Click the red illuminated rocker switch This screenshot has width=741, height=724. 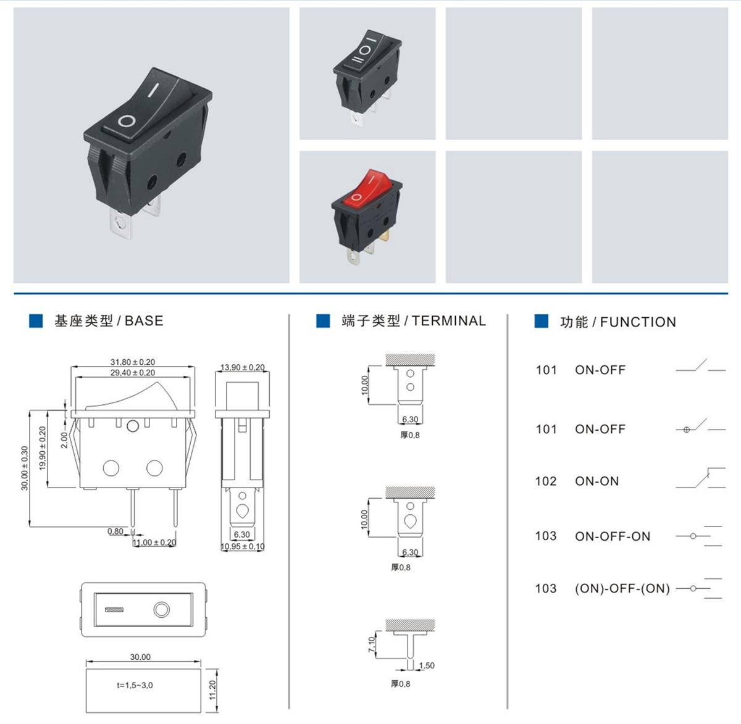pos(367,216)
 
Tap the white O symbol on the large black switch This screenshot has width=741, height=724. pos(127,122)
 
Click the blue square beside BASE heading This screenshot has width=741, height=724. pos(36,321)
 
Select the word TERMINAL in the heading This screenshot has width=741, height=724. pos(449,321)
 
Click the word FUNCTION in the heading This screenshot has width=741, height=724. pos(638,322)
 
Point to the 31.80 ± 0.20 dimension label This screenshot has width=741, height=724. pos(133,362)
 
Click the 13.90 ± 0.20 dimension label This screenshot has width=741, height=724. pos(243,368)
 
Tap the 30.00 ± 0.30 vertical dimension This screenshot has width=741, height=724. pos(25,468)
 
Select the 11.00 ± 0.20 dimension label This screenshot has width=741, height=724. pos(154,543)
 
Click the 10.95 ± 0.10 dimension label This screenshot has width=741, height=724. pos(243,547)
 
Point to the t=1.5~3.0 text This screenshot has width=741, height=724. pos(135,685)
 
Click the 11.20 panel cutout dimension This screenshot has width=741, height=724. pos(212,690)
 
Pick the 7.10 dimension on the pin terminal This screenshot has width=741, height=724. pos(372,644)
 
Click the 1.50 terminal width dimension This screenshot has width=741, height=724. pos(427,665)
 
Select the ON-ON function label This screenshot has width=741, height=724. pos(597,481)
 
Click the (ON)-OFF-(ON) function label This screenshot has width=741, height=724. pos(622,588)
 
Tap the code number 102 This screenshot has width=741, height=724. pos(546,481)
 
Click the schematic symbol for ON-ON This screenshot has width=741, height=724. pos(701,478)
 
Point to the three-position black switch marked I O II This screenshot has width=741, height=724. pos(367,77)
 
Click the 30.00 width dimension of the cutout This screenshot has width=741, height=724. pos(140,657)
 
